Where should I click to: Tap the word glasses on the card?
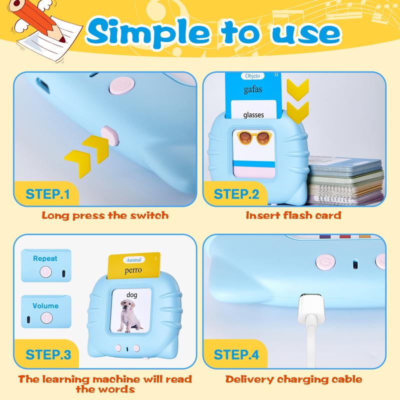tap(253, 115)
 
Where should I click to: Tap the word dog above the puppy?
tap(132, 295)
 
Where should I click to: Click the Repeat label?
tap(45, 258)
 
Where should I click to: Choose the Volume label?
tap(45, 305)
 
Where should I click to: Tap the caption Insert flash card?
tap(293, 216)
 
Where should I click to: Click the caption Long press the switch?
tap(105, 216)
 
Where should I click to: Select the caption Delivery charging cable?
tap(294, 379)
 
